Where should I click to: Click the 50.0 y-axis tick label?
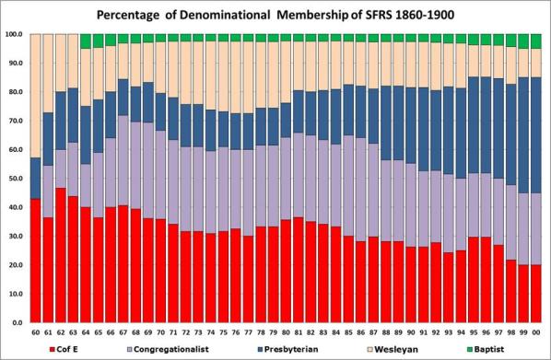16,179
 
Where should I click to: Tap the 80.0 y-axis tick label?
16,92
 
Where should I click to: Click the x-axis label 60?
36,332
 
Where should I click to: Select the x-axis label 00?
534,332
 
